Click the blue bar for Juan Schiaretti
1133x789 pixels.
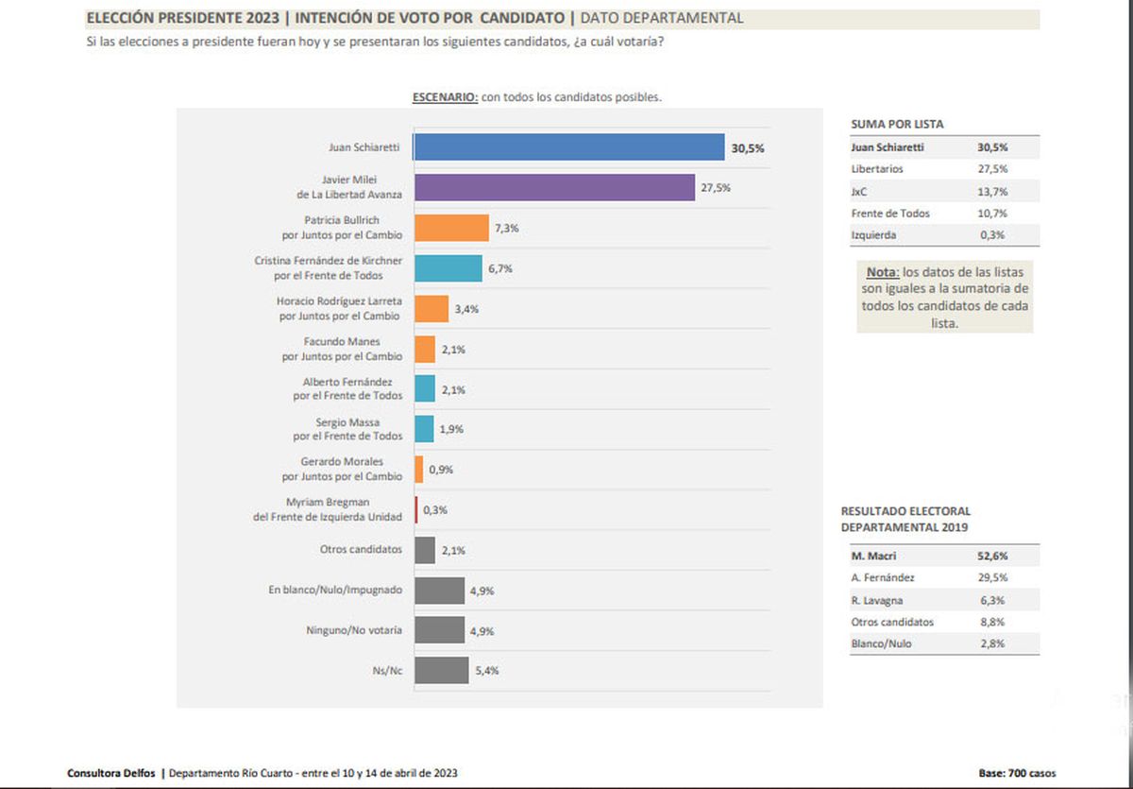(x=568, y=147)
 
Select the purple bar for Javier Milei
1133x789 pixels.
(x=554, y=187)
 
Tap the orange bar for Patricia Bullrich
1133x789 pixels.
(x=451, y=228)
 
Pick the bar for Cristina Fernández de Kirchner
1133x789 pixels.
(x=448, y=268)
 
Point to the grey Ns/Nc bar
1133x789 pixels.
(x=442, y=670)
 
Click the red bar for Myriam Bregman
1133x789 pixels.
(x=416, y=509)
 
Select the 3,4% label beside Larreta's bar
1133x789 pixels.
(x=466, y=309)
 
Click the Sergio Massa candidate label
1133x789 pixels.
(x=347, y=429)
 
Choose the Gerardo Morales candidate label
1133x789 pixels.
(x=342, y=469)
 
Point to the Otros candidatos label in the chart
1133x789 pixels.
(x=361, y=549)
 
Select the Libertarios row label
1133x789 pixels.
(x=877, y=169)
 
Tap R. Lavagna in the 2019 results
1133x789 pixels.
(x=872, y=600)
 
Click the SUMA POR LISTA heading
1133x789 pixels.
(x=897, y=124)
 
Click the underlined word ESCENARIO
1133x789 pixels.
(x=445, y=97)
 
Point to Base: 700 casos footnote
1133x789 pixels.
(x=1018, y=773)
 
